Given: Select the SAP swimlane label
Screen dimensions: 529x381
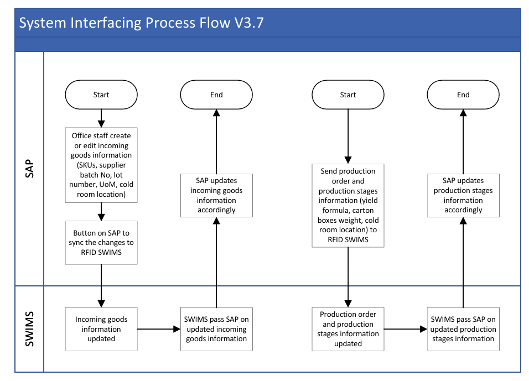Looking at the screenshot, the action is (30, 169).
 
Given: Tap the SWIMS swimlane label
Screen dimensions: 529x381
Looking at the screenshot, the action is (30, 329).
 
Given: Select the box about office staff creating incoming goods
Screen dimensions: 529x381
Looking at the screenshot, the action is (101, 165).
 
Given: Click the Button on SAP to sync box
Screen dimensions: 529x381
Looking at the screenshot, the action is (101, 242).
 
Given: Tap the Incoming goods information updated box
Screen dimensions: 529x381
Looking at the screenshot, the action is (101, 329).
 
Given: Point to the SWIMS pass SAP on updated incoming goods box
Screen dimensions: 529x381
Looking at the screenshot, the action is (216, 329).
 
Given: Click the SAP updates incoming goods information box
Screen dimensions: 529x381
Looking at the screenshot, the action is (216, 195).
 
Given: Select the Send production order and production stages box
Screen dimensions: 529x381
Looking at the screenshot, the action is (348, 206).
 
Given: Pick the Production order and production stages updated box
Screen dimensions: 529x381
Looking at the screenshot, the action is (348, 329).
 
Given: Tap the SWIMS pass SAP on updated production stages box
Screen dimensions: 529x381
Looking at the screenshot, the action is (463, 329).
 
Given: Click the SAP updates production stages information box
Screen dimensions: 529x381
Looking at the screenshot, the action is (463, 195).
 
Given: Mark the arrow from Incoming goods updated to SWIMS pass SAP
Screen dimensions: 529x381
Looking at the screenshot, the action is (159, 329).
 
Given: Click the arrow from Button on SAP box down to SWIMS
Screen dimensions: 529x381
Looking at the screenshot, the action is (101, 286).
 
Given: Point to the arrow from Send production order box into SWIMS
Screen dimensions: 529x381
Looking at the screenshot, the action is (348, 278).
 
